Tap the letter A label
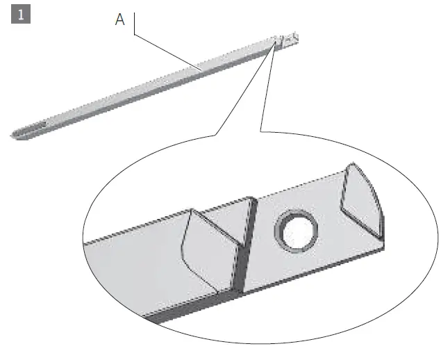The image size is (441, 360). [x=119, y=20]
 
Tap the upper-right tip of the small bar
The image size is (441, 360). [x=295, y=35]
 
